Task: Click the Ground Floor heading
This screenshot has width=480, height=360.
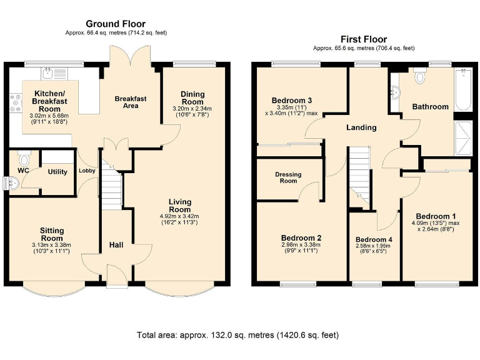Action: (x=116, y=24)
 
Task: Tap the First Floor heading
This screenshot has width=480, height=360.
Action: (x=364, y=39)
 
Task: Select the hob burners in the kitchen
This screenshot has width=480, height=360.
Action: (x=16, y=103)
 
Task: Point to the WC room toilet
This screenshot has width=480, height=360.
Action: (x=23, y=158)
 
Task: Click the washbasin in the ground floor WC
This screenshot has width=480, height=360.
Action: (x=13, y=183)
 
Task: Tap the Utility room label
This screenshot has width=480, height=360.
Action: (x=57, y=172)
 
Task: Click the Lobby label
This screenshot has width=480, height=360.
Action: (x=87, y=171)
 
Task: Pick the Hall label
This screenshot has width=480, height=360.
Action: (x=116, y=245)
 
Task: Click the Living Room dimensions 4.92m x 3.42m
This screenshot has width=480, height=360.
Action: (x=179, y=216)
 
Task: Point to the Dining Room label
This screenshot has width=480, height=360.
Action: (x=192, y=98)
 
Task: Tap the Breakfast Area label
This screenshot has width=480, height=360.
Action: (x=131, y=102)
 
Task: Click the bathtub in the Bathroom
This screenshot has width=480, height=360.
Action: (x=463, y=90)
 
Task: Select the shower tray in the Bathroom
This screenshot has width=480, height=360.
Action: (x=463, y=138)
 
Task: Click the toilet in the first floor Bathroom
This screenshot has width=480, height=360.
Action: (x=420, y=75)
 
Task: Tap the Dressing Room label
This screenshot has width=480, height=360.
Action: (x=288, y=177)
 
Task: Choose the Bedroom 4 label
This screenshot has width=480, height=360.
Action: (x=374, y=240)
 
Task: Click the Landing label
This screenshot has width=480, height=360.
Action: (x=361, y=127)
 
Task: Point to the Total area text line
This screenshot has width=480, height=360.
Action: (x=238, y=335)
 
